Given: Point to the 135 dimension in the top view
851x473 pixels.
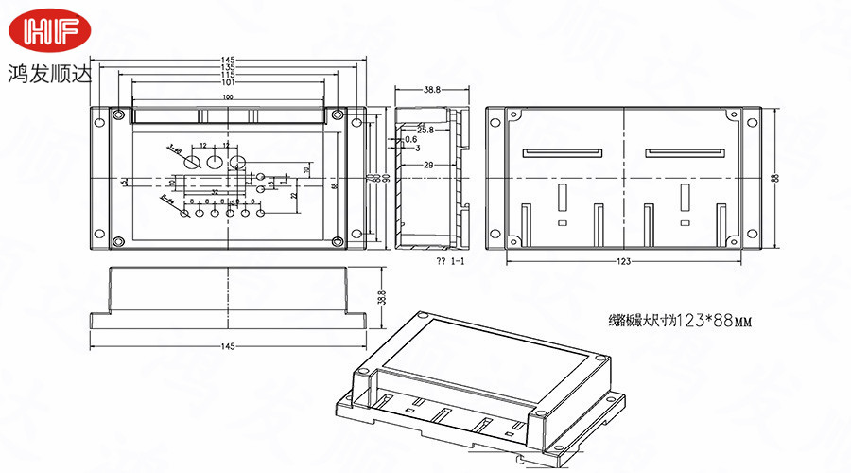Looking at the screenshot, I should click(x=228, y=68).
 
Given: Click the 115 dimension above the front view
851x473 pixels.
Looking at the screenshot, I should click(x=228, y=75).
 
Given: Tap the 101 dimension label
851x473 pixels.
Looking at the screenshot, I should click(x=228, y=82).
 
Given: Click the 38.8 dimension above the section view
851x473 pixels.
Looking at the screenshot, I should click(x=431, y=90).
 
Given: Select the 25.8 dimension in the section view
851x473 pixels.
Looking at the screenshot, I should click(x=425, y=130).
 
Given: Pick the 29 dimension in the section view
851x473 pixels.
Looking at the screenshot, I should click(x=427, y=166).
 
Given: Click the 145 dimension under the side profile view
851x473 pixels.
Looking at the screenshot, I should click(x=228, y=347).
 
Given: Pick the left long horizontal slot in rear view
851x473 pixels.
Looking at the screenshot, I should click(x=564, y=151).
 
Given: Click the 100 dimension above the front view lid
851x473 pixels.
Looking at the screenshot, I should click(x=228, y=97).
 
